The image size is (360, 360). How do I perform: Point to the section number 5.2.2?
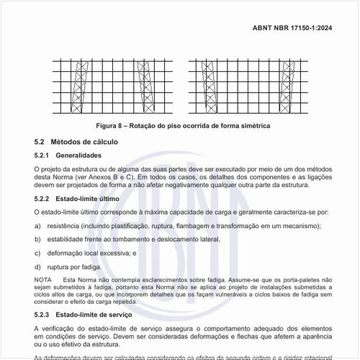(x=43, y=198)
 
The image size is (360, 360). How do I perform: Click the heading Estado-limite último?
(x=87, y=198)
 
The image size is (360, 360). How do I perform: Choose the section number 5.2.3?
(x=43, y=315)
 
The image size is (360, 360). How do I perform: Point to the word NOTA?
(x=43, y=279)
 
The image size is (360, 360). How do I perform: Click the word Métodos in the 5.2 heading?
(x=70, y=142)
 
